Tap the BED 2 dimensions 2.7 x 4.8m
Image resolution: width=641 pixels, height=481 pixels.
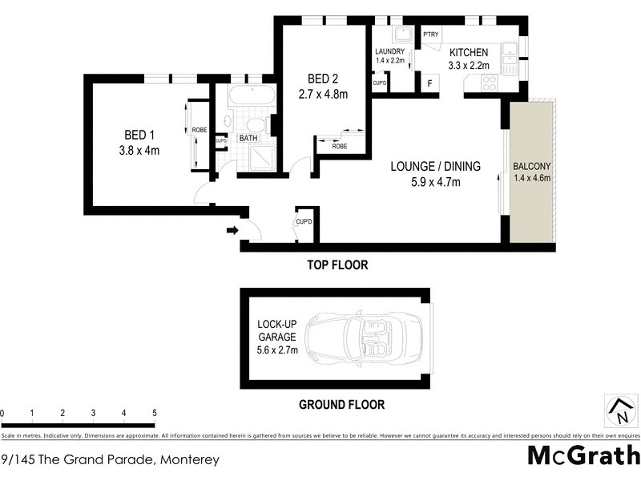tap(327, 94)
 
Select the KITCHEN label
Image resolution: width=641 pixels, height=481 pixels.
tap(469, 52)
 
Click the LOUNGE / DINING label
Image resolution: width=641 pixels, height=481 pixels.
tap(435, 167)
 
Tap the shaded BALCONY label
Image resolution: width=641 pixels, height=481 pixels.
tap(532, 168)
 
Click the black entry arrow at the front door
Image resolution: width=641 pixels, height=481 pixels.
tap(232, 231)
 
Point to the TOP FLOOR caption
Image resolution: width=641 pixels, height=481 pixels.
tap(338, 265)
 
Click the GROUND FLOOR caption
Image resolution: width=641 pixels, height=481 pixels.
tap(341, 405)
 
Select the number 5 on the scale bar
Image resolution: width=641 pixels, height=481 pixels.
tap(154, 414)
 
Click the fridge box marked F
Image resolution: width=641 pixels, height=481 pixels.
tap(429, 83)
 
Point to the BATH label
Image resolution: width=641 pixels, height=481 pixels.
tap(248, 138)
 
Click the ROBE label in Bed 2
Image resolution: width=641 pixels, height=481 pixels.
tap(340, 147)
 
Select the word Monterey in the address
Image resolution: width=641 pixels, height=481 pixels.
tap(188, 460)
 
